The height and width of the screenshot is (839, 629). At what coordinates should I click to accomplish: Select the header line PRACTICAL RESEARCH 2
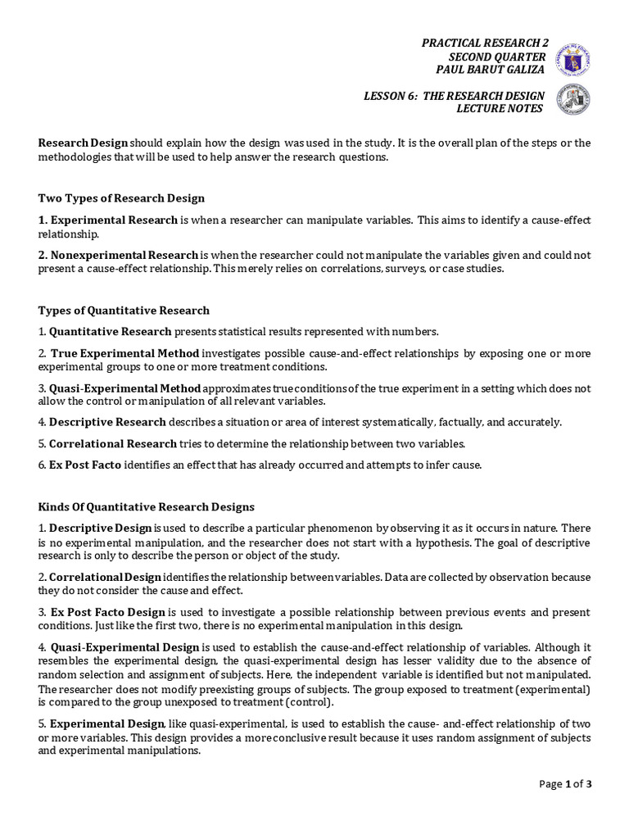click(x=485, y=43)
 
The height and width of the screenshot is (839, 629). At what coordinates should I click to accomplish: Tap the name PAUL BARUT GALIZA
click(x=490, y=70)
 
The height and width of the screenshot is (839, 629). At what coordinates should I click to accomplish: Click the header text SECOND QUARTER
click(x=496, y=57)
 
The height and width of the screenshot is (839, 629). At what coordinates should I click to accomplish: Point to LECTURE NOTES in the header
click(x=500, y=109)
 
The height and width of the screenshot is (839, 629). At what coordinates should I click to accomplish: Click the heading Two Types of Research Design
click(x=121, y=198)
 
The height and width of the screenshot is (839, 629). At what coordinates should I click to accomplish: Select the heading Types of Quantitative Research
click(x=124, y=311)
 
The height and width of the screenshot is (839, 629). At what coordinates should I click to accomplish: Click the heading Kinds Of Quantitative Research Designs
click(x=147, y=507)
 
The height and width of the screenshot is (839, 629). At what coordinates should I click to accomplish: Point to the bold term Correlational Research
click(x=113, y=443)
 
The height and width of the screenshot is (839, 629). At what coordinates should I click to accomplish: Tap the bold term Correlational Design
click(x=106, y=577)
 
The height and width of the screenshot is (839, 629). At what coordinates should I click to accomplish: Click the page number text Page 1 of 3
click(x=565, y=783)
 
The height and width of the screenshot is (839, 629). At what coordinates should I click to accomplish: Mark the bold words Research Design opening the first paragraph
click(x=83, y=143)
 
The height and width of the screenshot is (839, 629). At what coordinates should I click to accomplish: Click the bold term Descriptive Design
click(x=100, y=528)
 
